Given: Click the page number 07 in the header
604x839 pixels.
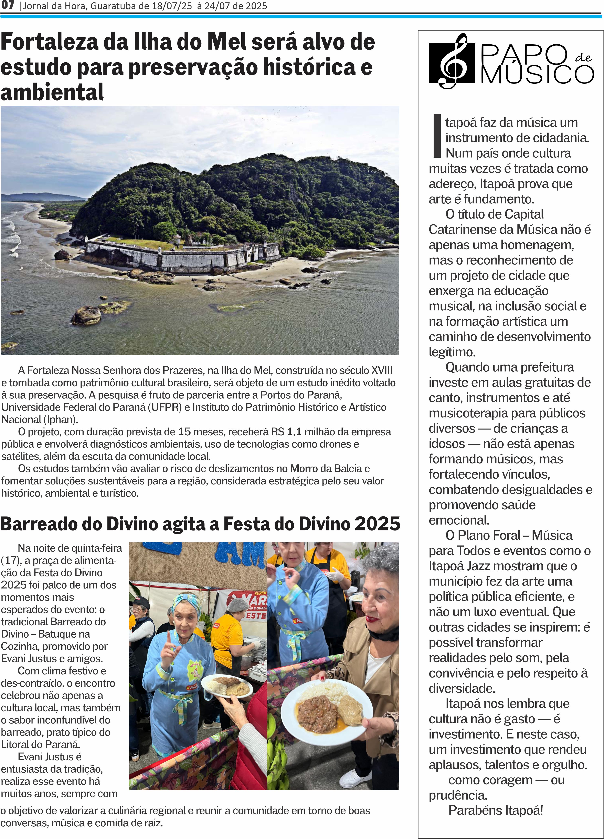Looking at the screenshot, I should tap(7, 5).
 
